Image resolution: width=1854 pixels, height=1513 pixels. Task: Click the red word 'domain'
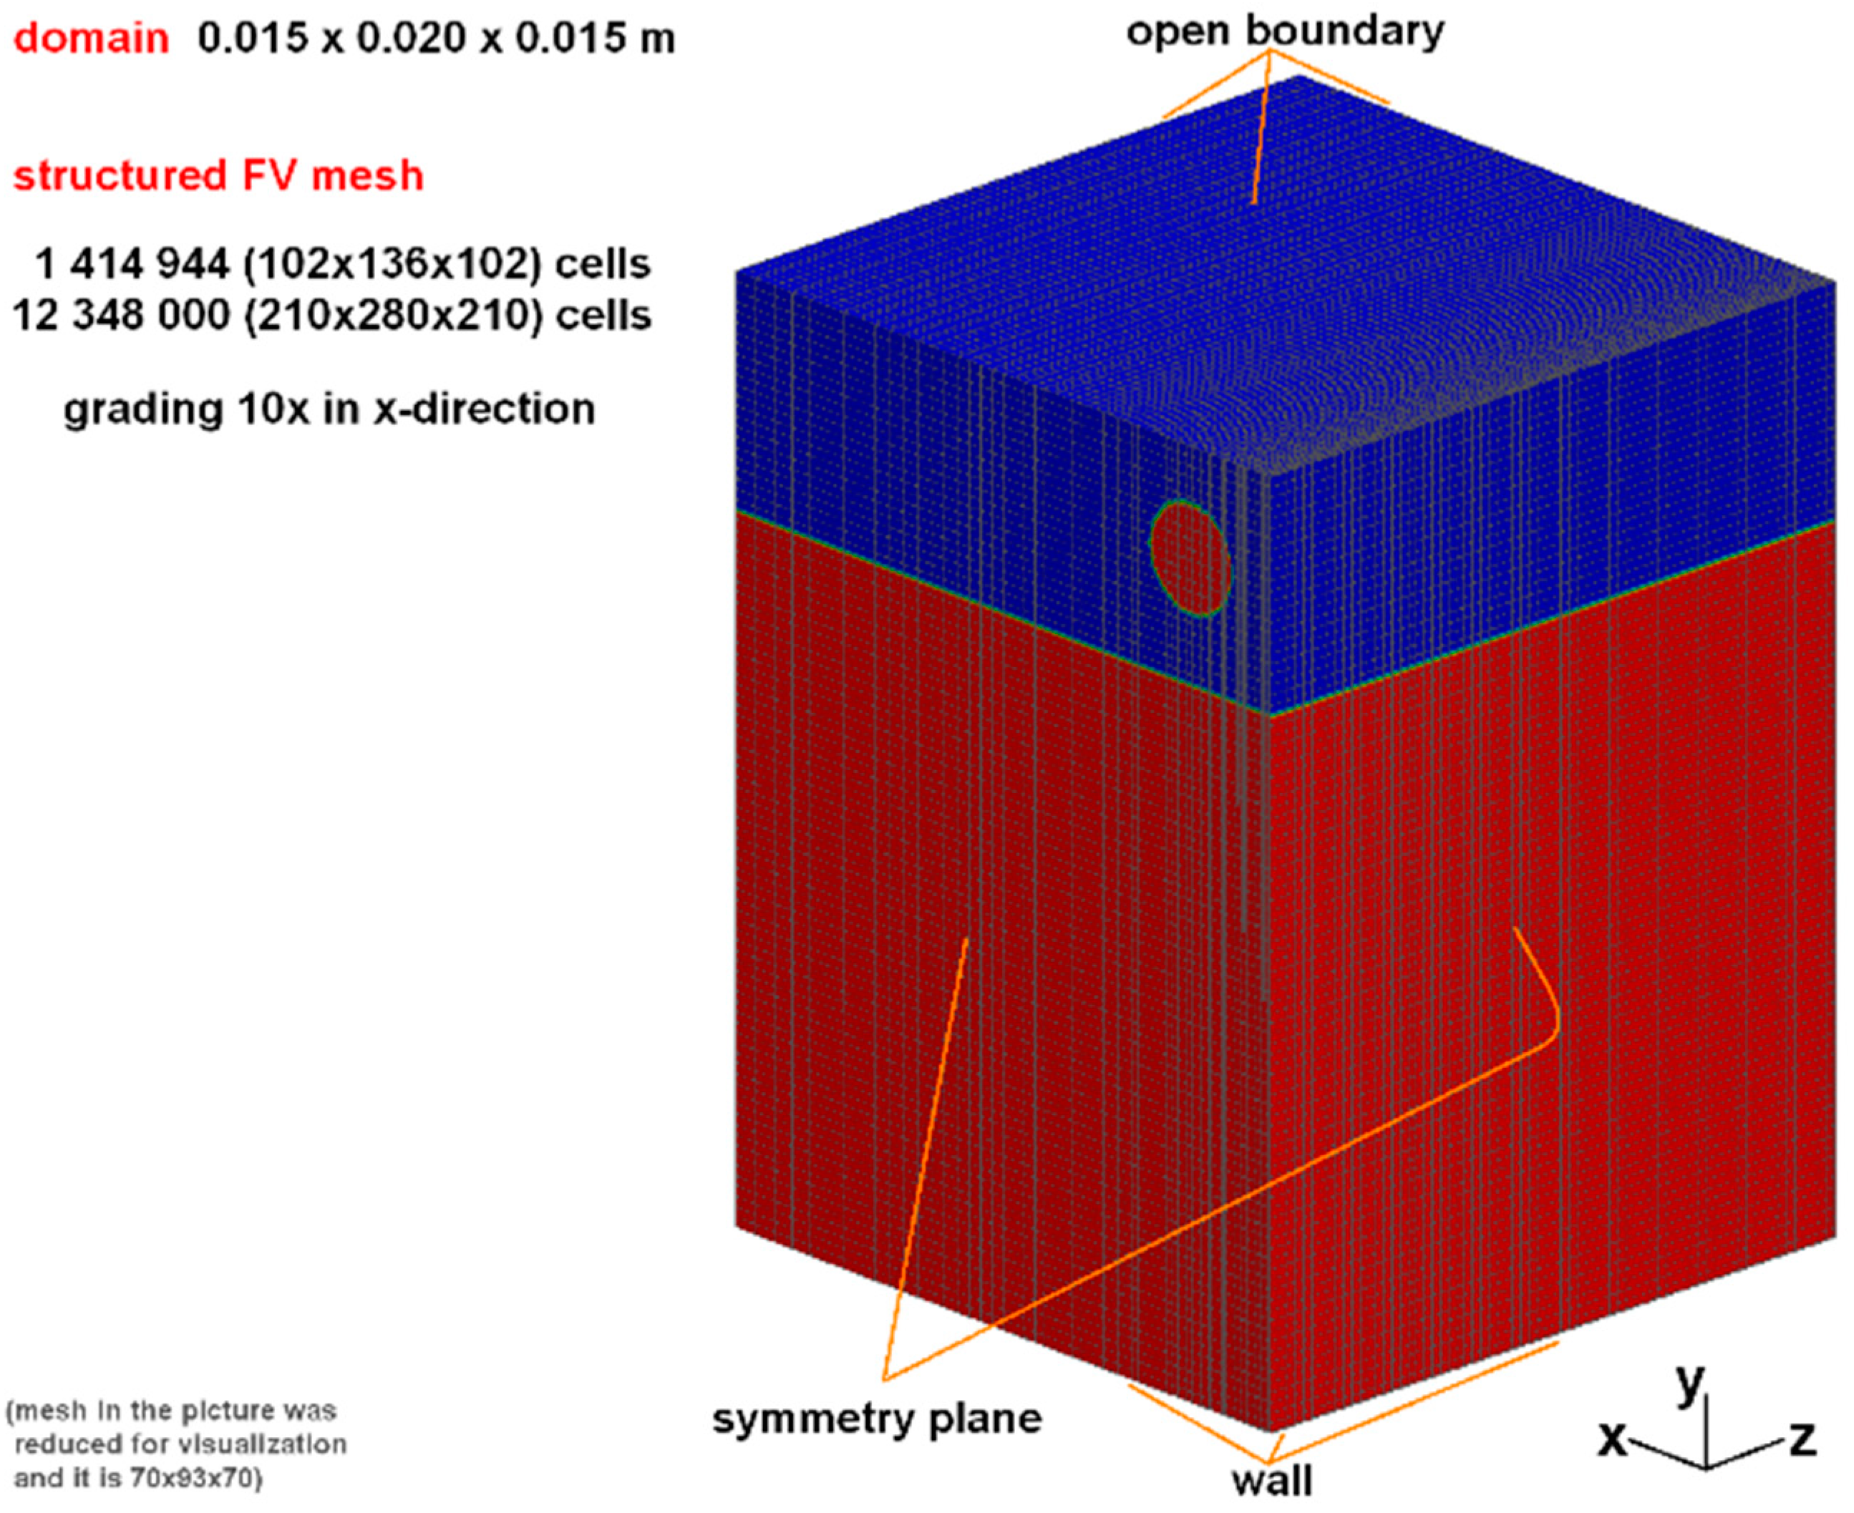tap(91, 39)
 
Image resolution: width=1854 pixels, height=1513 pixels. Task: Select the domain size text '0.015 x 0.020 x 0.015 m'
tap(436, 39)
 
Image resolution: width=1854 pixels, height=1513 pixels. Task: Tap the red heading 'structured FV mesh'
tap(218, 175)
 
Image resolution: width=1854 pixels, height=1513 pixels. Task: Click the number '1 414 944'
tap(132, 263)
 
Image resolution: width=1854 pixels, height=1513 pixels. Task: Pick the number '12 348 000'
tap(120, 315)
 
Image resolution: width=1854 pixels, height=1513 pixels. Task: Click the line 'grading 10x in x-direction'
tap(329, 409)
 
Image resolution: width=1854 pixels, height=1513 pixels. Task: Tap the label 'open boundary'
tap(1285, 31)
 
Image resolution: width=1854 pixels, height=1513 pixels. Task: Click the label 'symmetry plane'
tap(877, 1419)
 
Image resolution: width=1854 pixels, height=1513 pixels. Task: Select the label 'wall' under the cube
tap(1272, 1480)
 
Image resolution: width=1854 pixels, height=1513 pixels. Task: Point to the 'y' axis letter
tap(1689, 1383)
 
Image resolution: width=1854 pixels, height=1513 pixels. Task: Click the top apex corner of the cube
tap(1299, 77)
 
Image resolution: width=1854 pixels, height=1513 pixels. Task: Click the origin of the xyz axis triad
tap(1706, 1464)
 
